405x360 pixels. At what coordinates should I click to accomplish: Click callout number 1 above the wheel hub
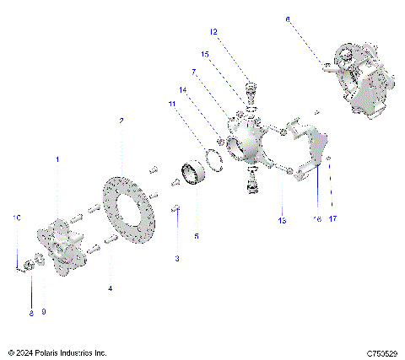click(57, 159)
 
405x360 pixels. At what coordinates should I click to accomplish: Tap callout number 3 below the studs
click(176, 258)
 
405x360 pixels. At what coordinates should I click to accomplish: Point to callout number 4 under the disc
click(110, 288)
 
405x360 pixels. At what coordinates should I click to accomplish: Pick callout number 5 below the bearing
click(197, 237)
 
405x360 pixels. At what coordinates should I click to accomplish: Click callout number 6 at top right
click(287, 18)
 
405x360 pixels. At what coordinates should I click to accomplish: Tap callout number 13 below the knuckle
click(282, 220)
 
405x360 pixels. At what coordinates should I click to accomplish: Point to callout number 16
click(316, 218)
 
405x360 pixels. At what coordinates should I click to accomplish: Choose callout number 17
click(332, 218)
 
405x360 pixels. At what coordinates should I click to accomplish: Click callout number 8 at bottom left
click(30, 312)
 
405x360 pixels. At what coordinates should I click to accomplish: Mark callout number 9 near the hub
click(44, 312)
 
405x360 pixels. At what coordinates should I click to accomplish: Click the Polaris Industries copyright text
click(57, 352)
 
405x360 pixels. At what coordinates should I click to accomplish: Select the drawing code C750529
click(381, 352)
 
